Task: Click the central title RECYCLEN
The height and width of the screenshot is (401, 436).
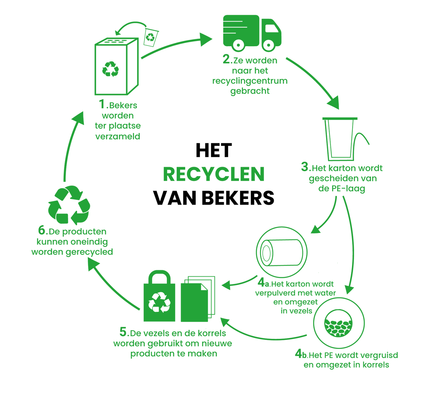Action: tap(214, 174)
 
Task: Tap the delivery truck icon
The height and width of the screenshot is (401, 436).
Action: tap(252, 32)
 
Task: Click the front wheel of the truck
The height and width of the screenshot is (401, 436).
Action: tap(268, 45)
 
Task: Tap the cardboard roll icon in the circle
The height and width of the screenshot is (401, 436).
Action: tap(281, 252)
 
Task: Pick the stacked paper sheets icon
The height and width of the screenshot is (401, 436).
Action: tap(197, 299)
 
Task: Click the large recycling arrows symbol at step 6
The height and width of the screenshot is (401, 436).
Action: tap(69, 205)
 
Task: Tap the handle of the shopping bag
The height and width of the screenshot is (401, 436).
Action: tap(159, 278)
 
